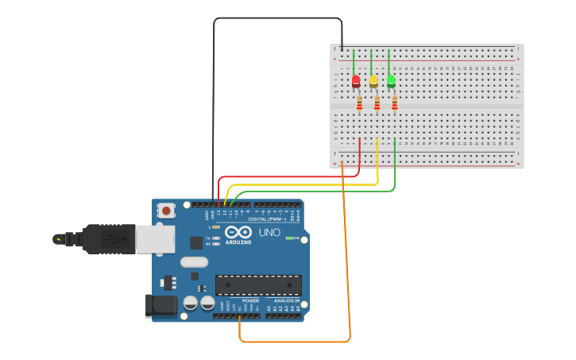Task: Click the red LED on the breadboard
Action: (x=356, y=80)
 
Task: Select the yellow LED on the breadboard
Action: (x=373, y=80)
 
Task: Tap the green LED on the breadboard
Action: (x=391, y=80)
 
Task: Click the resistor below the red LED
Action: (x=359, y=103)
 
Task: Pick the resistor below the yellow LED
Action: (x=377, y=103)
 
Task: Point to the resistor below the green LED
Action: (x=394, y=103)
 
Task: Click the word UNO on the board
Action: (x=269, y=232)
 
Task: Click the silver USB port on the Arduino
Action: (x=155, y=239)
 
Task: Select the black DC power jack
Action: (x=160, y=305)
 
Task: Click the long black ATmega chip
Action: (x=258, y=285)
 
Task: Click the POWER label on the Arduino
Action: (x=250, y=301)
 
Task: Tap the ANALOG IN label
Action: (x=287, y=301)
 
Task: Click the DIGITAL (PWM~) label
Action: (x=267, y=219)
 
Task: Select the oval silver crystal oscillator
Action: (x=194, y=262)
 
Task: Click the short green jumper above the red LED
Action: (x=354, y=62)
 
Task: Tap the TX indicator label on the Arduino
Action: (x=208, y=238)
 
